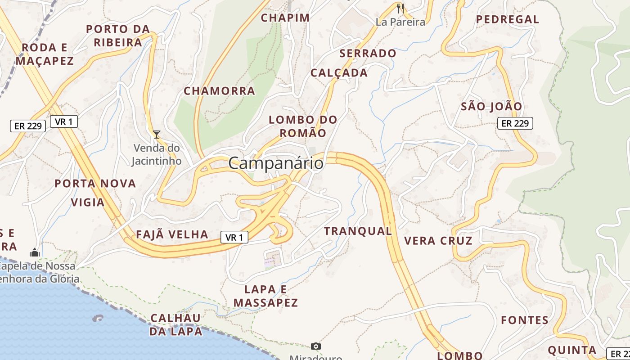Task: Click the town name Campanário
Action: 275,163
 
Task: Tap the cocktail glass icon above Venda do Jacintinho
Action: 156,134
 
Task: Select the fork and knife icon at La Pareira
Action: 400,8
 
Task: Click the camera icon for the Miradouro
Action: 316,346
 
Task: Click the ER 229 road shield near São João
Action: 515,123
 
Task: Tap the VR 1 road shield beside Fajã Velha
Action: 234,237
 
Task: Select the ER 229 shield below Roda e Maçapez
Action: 28,126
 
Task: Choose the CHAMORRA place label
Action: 219,91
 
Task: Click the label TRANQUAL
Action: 358,231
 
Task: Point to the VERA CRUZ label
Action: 438,241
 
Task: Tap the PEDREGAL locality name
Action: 507,19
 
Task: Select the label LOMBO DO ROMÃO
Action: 303,126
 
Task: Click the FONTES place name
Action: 525,320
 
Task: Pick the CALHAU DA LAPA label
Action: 175,324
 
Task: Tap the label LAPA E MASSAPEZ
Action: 265,296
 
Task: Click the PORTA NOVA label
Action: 95,184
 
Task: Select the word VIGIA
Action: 88,202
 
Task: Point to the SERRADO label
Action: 368,54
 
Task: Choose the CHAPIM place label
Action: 285,18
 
